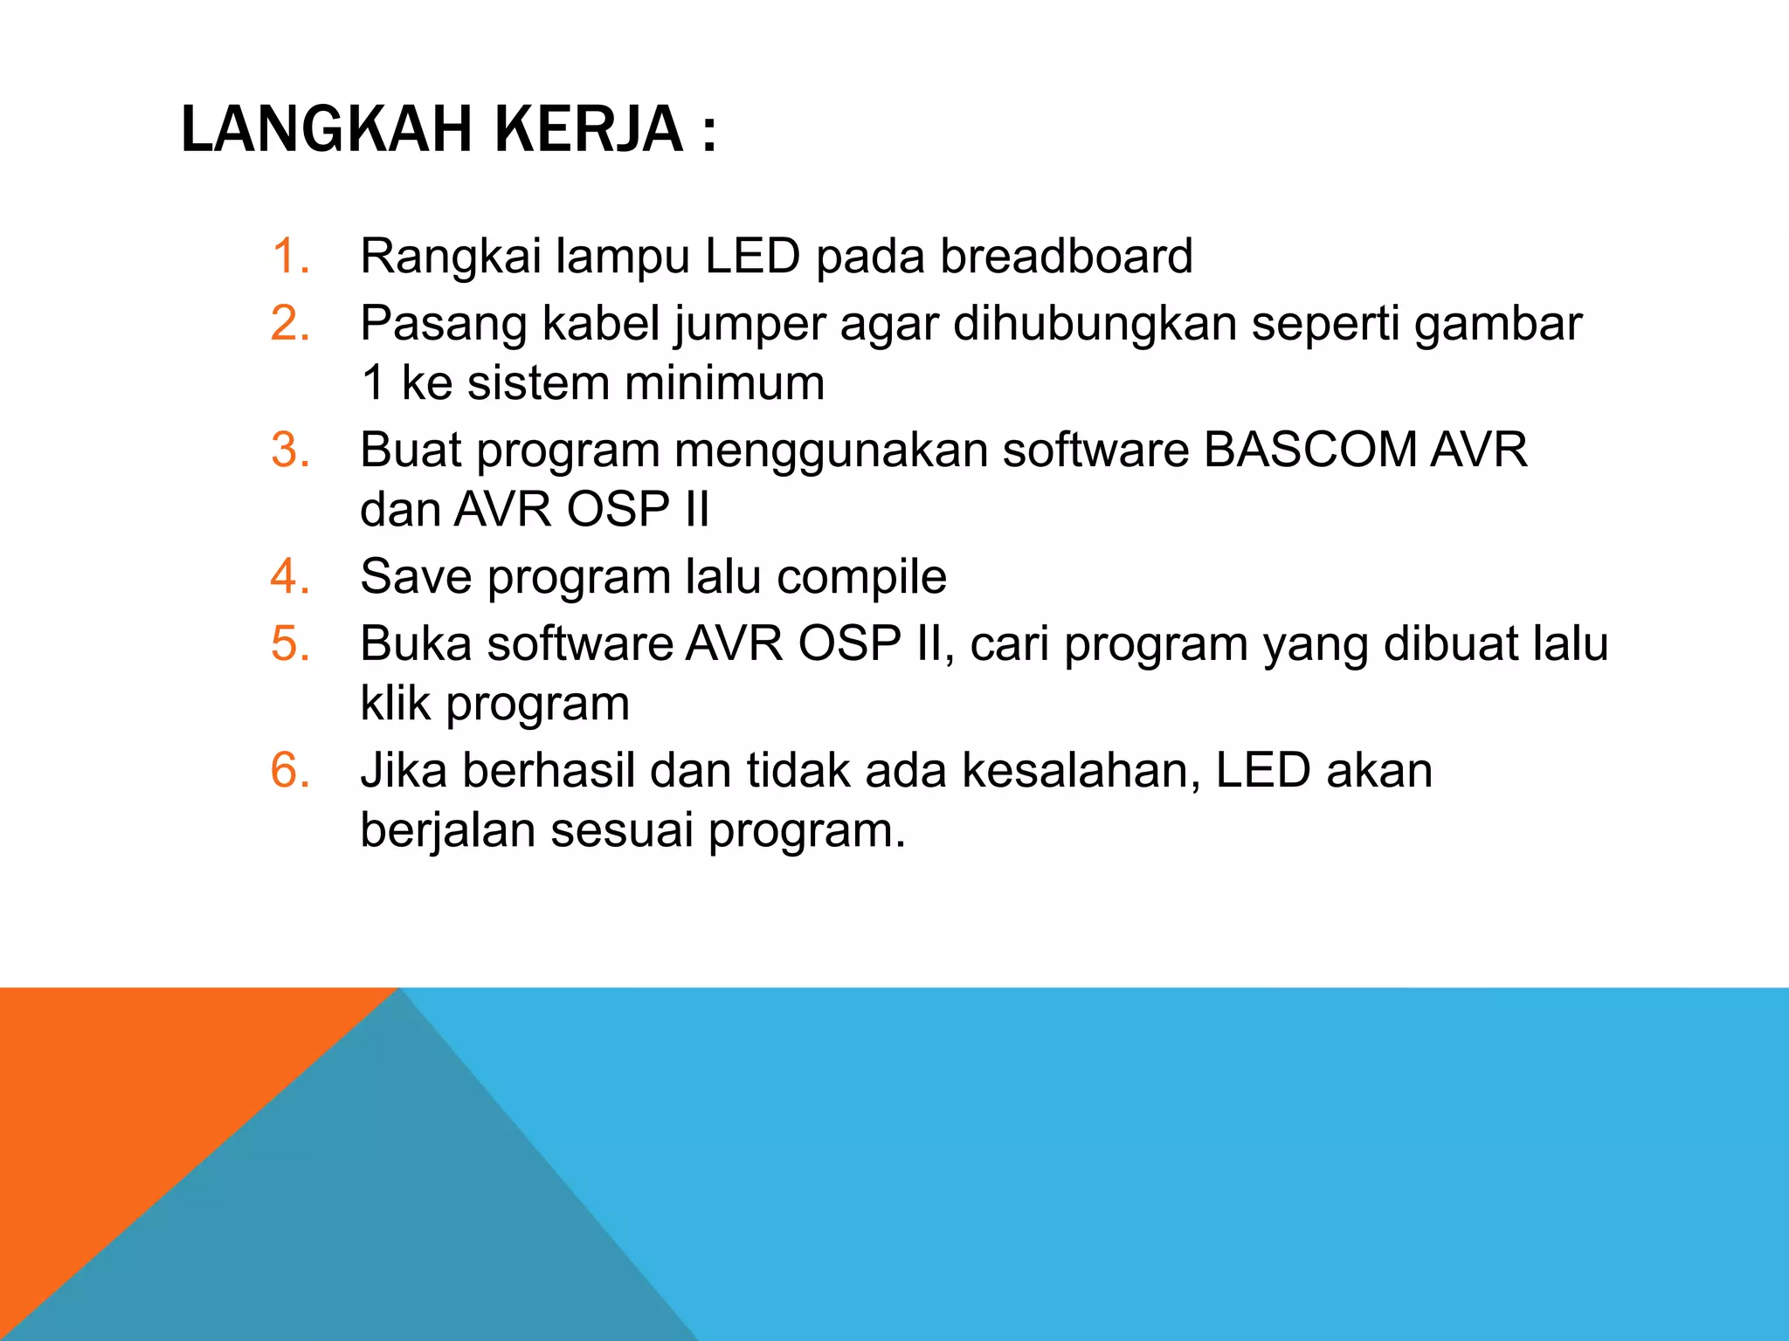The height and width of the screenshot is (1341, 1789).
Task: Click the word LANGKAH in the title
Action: click(325, 130)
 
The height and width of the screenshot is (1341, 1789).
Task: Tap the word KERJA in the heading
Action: click(589, 130)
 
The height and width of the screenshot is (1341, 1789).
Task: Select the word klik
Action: click(395, 703)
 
